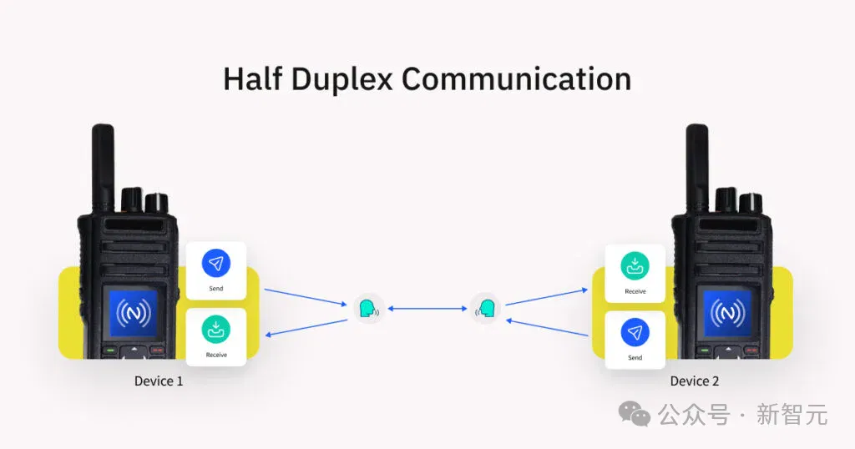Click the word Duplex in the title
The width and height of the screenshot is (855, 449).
click(341, 80)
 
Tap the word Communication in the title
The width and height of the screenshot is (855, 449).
click(516, 79)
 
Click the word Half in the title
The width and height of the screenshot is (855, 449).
click(253, 78)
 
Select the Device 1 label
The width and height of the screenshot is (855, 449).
click(159, 381)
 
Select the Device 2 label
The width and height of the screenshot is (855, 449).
click(694, 381)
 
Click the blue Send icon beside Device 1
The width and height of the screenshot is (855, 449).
click(216, 264)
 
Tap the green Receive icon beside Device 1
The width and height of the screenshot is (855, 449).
click(216, 330)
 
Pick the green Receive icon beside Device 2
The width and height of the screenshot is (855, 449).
click(635, 266)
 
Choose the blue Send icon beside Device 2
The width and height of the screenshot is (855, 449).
click(635, 332)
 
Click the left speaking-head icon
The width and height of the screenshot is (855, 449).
click(368, 309)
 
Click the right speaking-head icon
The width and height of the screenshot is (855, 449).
click(486, 309)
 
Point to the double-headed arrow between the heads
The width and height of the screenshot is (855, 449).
click(427, 309)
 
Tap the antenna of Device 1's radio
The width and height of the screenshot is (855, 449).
click(103, 168)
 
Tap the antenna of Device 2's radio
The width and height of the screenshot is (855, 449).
click(697, 168)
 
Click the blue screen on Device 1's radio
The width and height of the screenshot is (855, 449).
click(134, 313)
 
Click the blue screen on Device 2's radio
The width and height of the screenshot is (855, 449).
click(727, 313)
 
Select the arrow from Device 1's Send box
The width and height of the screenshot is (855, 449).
click(306, 297)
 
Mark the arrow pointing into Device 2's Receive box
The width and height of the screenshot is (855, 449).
click(547, 297)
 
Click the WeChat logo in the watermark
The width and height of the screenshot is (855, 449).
click(635, 414)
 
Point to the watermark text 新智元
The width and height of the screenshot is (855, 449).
click(792, 415)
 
